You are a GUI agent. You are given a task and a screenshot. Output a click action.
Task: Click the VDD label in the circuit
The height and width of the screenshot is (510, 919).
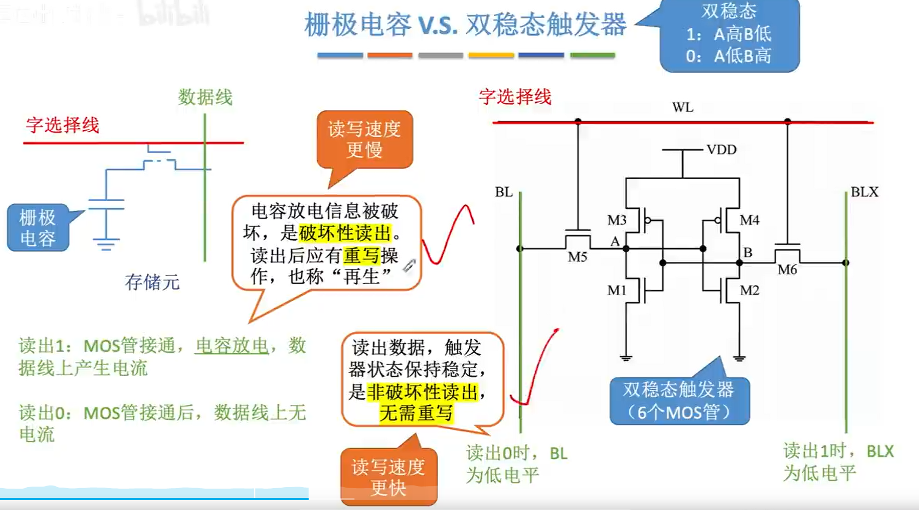[x=721, y=150]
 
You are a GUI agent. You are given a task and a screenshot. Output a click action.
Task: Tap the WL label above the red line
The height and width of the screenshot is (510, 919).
[x=682, y=107]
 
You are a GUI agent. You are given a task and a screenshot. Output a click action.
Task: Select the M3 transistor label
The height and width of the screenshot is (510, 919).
[x=617, y=220]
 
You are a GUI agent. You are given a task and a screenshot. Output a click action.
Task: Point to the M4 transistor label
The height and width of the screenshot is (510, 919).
[x=749, y=220]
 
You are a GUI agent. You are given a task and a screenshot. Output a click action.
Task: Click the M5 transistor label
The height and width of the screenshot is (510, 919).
[x=577, y=257]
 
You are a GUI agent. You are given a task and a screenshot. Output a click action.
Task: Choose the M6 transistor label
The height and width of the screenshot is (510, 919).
[x=787, y=270]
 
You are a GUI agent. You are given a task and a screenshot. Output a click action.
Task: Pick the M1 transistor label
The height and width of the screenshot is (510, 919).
[x=617, y=290]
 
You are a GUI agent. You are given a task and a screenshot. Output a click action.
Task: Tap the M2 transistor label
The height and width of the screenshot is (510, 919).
[x=749, y=290]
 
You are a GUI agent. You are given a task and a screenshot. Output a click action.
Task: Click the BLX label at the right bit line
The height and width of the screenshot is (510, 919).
[x=864, y=192]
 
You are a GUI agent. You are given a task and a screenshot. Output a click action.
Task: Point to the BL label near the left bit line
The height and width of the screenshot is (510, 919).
[x=504, y=192]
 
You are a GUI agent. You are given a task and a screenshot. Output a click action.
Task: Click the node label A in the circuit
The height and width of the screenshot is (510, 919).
[x=615, y=241]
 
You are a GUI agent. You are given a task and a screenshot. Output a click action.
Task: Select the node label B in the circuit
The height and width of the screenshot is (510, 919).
[x=748, y=253]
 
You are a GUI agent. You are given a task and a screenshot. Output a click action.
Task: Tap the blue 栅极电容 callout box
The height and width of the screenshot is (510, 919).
[x=38, y=228]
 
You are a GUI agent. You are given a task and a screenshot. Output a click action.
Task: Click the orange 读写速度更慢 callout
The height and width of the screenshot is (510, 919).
[x=364, y=140]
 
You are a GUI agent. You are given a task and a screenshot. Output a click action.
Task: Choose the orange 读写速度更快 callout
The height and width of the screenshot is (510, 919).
[x=388, y=477]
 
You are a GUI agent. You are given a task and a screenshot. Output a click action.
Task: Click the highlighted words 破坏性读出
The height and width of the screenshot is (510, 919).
[x=345, y=233]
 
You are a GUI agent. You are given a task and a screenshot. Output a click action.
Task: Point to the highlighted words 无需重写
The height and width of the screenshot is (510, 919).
[x=416, y=413]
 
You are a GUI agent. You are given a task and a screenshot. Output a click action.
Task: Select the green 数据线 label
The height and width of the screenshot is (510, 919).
[x=205, y=97]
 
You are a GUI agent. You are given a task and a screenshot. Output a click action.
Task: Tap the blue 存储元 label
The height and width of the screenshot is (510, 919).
[x=152, y=282]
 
